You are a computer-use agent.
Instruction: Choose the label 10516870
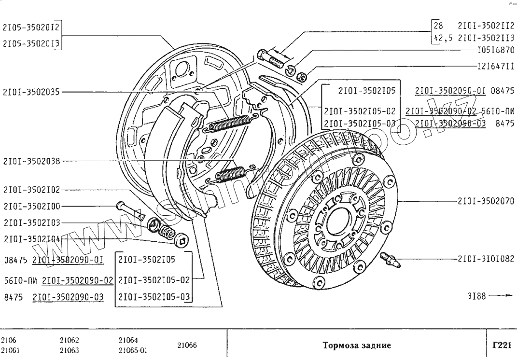pyautogui.click(x=495, y=50)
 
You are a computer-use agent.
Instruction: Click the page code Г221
pyautogui.click(x=502, y=345)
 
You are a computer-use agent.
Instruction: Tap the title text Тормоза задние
pyautogui.click(x=356, y=346)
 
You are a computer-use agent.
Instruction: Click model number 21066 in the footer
pyautogui.click(x=187, y=345)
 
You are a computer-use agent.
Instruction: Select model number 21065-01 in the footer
pyautogui.click(x=133, y=350)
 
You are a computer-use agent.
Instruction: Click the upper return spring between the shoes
pyautogui.click(x=229, y=124)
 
